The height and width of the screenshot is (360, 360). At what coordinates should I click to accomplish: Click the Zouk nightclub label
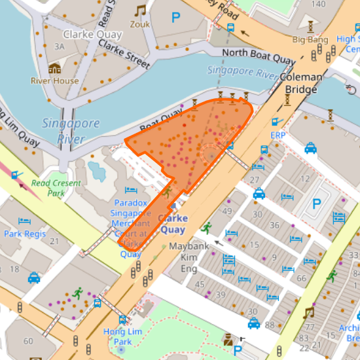click(x=139, y=24)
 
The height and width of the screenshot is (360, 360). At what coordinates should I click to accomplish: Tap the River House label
click(x=54, y=81)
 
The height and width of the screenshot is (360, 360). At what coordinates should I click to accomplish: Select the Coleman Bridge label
click(x=301, y=82)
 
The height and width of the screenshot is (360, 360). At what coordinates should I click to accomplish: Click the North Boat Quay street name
click(x=259, y=56)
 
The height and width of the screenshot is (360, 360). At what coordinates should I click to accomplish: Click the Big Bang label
click(x=310, y=39)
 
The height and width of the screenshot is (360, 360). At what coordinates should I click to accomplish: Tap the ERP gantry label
click(x=278, y=135)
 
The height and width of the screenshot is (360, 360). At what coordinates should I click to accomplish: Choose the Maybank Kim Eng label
click(x=189, y=257)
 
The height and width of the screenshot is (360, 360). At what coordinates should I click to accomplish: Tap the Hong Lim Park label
click(x=118, y=336)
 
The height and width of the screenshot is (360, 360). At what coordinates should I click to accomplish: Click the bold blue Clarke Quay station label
click(x=173, y=224)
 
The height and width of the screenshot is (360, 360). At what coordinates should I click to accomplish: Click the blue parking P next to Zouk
click(x=175, y=18)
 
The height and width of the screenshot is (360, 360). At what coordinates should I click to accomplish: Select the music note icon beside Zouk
click(x=140, y=10)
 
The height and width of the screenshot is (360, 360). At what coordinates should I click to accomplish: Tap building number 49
click(x=227, y=211)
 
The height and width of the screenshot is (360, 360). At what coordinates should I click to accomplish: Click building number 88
click(x=270, y=325)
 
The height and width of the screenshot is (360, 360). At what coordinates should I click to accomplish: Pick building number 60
click(x=28, y=341)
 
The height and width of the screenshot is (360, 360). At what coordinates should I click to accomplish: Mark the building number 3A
click(x=60, y=46)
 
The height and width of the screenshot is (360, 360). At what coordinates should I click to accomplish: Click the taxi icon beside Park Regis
click(x=34, y=278)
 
